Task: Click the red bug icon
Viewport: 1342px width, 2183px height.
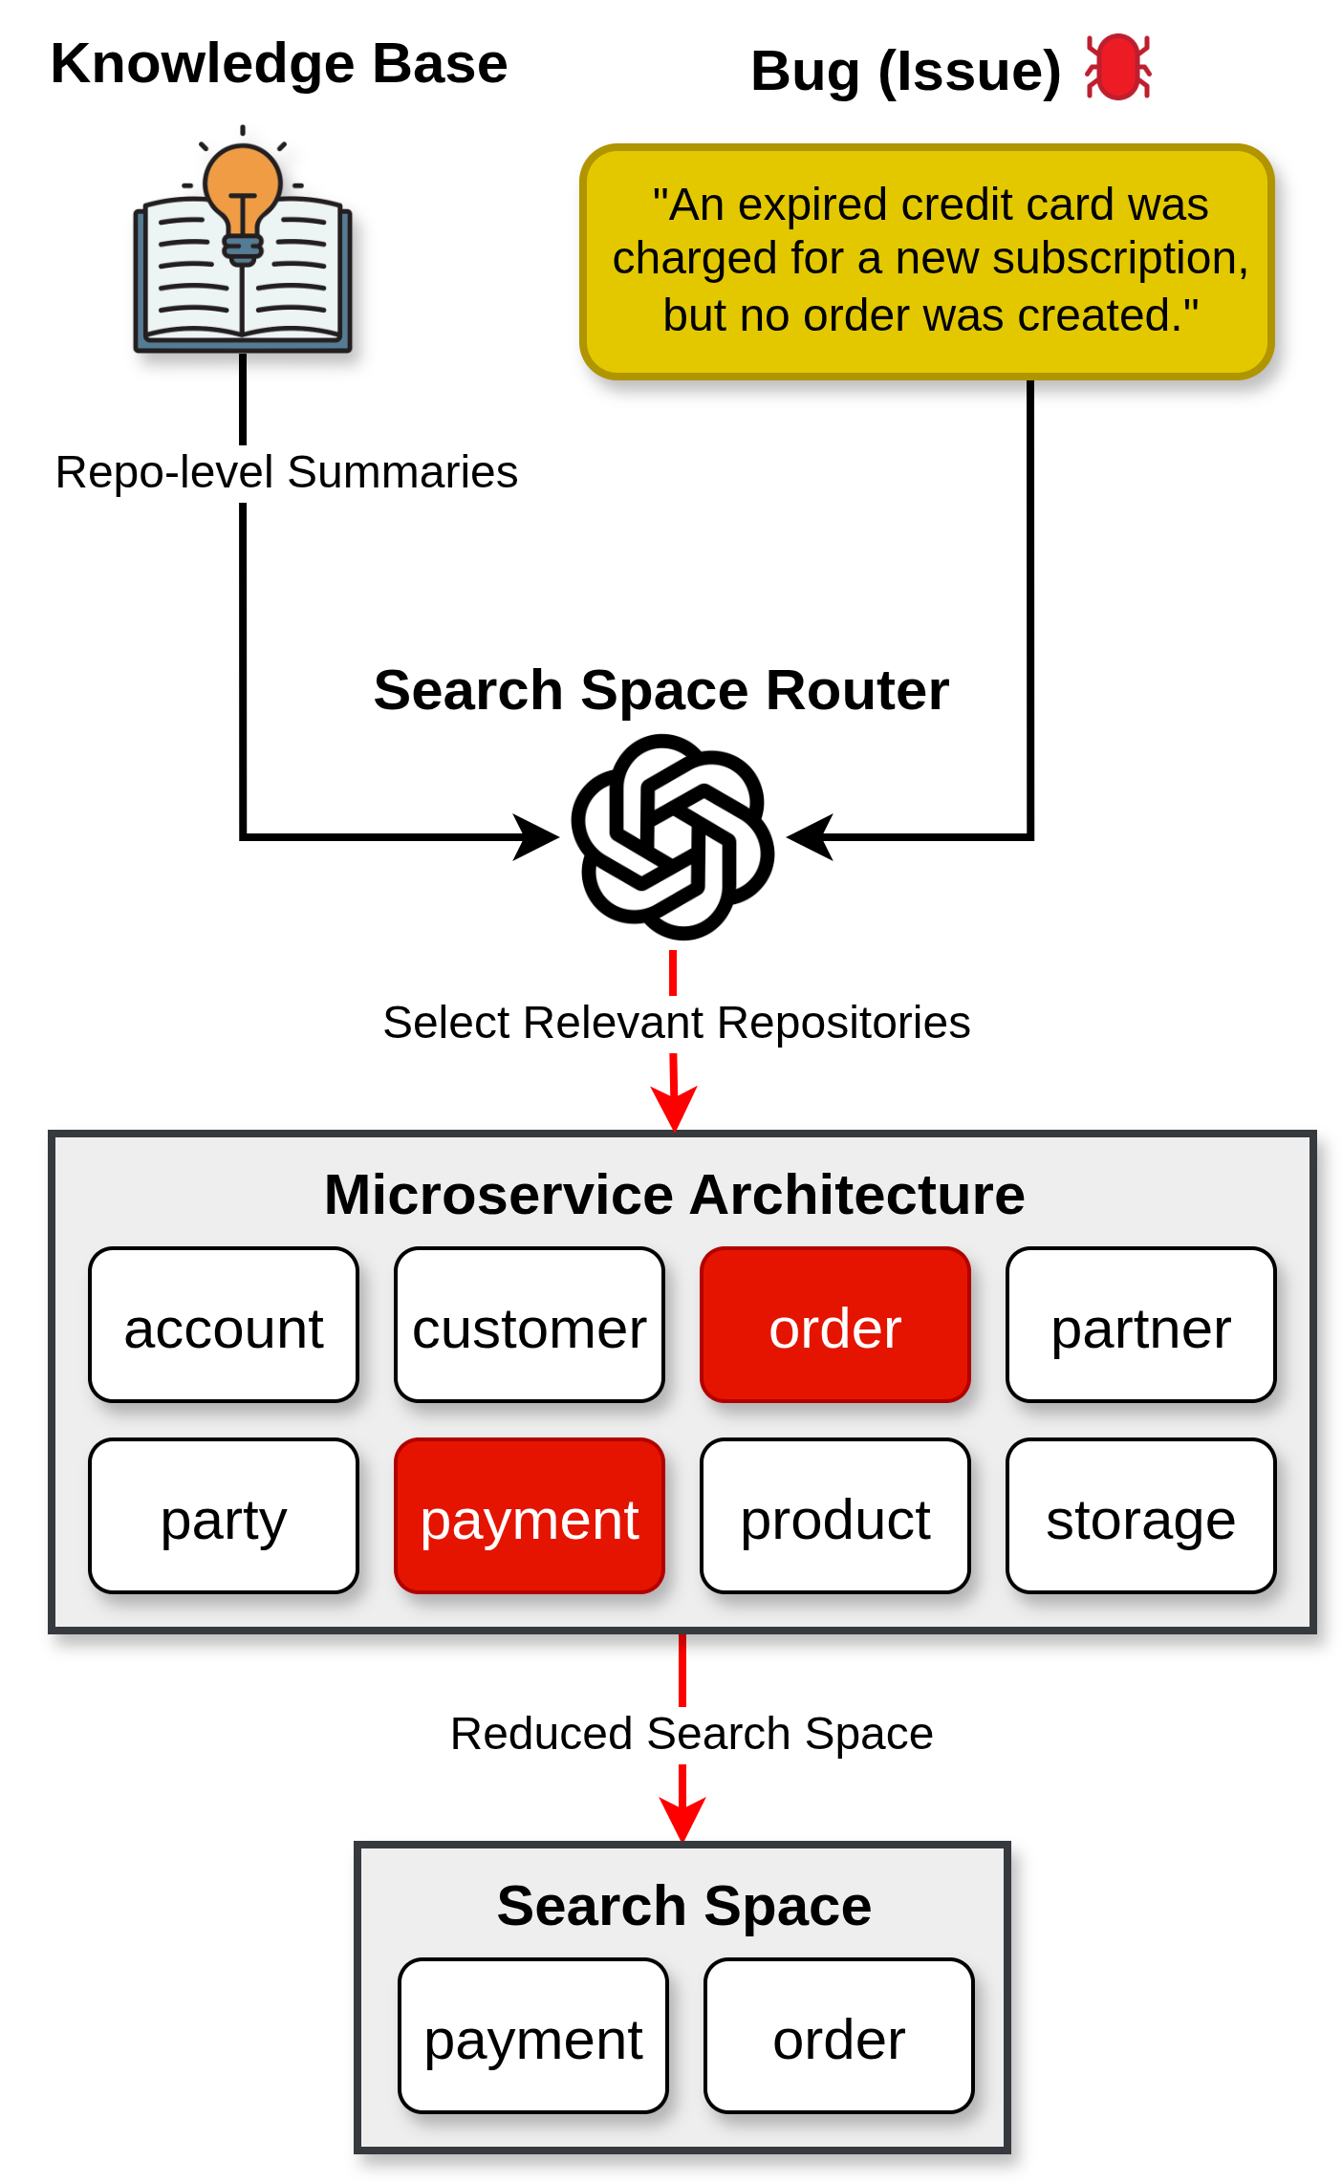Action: click(x=1117, y=67)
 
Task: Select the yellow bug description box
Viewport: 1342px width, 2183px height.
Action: click(x=927, y=261)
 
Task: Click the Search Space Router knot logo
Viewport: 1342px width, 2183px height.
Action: click(x=673, y=836)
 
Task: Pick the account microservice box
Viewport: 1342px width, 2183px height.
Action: click(x=224, y=1325)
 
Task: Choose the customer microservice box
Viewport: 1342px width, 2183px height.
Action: click(x=530, y=1325)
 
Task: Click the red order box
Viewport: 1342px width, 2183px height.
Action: click(x=835, y=1325)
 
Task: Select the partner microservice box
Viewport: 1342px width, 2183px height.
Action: click(x=1141, y=1325)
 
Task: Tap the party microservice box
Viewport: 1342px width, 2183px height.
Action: click(x=224, y=1516)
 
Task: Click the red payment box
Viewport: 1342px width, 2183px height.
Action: click(x=530, y=1516)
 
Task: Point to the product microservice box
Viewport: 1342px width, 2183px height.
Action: click(x=835, y=1516)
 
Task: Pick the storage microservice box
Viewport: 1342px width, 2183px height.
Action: click(x=1141, y=1516)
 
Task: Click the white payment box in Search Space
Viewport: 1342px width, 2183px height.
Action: click(x=533, y=2036)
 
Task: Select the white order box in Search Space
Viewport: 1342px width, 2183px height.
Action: click(x=839, y=2036)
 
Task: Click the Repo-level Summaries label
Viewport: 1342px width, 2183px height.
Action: click(x=286, y=472)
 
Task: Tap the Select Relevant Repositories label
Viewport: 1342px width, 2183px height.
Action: click(x=676, y=1023)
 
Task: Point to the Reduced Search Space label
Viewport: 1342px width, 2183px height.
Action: click(x=691, y=1734)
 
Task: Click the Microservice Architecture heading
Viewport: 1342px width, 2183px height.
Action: click(x=674, y=1195)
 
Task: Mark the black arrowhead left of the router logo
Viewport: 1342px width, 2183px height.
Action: click(x=536, y=837)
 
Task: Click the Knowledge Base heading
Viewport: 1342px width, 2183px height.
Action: click(x=279, y=64)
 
